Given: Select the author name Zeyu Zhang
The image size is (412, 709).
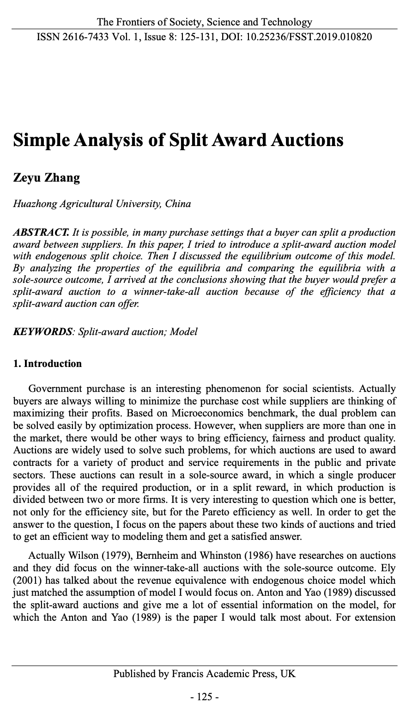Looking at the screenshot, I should (x=46, y=178).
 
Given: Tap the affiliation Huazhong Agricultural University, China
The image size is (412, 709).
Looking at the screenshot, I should (x=102, y=204).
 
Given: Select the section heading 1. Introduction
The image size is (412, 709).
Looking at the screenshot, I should (x=48, y=364).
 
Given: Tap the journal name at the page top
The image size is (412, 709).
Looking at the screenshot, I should (x=204, y=22).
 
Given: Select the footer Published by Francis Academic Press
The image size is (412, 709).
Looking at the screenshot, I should (x=204, y=674).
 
